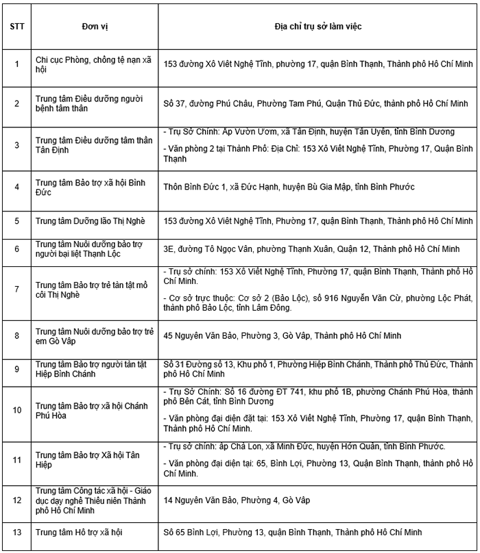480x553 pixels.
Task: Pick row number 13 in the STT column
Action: pos(16,531)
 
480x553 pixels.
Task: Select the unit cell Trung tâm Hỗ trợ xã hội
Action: pos(78,531)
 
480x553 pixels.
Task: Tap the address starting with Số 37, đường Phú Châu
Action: pos(315,104)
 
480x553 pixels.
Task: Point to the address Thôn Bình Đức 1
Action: pos(289,186)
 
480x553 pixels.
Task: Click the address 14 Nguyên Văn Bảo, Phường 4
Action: pos(237,500)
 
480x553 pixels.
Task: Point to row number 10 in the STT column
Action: pos(16,411)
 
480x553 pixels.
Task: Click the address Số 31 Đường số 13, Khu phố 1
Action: pos(319,369)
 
